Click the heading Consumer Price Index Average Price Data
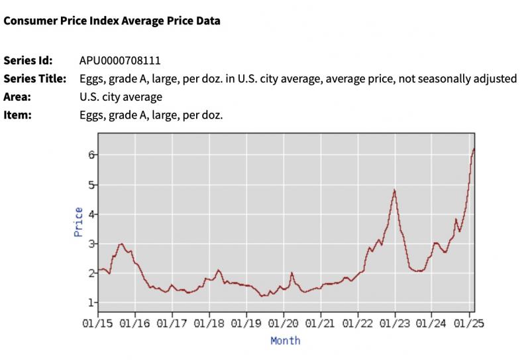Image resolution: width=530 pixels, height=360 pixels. (x=112, y=21)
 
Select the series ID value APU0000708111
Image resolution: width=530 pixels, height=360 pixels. (x=119, y=60)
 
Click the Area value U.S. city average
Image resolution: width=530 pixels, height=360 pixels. (x=120, y=97)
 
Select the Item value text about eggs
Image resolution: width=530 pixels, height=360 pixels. (x=150, y=115)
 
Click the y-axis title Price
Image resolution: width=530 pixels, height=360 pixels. (x=79, y=222)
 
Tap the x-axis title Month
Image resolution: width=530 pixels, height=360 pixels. (x=285, y=340)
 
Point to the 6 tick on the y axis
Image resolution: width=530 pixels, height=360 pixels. (x=92, y=154)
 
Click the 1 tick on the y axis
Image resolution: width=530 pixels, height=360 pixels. (x=92, y=302)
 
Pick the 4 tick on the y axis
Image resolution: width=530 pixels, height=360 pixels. (x=92, y=213)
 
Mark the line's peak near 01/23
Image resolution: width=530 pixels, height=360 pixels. (x=394, y=190)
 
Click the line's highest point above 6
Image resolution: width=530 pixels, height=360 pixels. (x=474, y=149)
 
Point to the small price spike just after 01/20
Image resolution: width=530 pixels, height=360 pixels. (x=291, y=272)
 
